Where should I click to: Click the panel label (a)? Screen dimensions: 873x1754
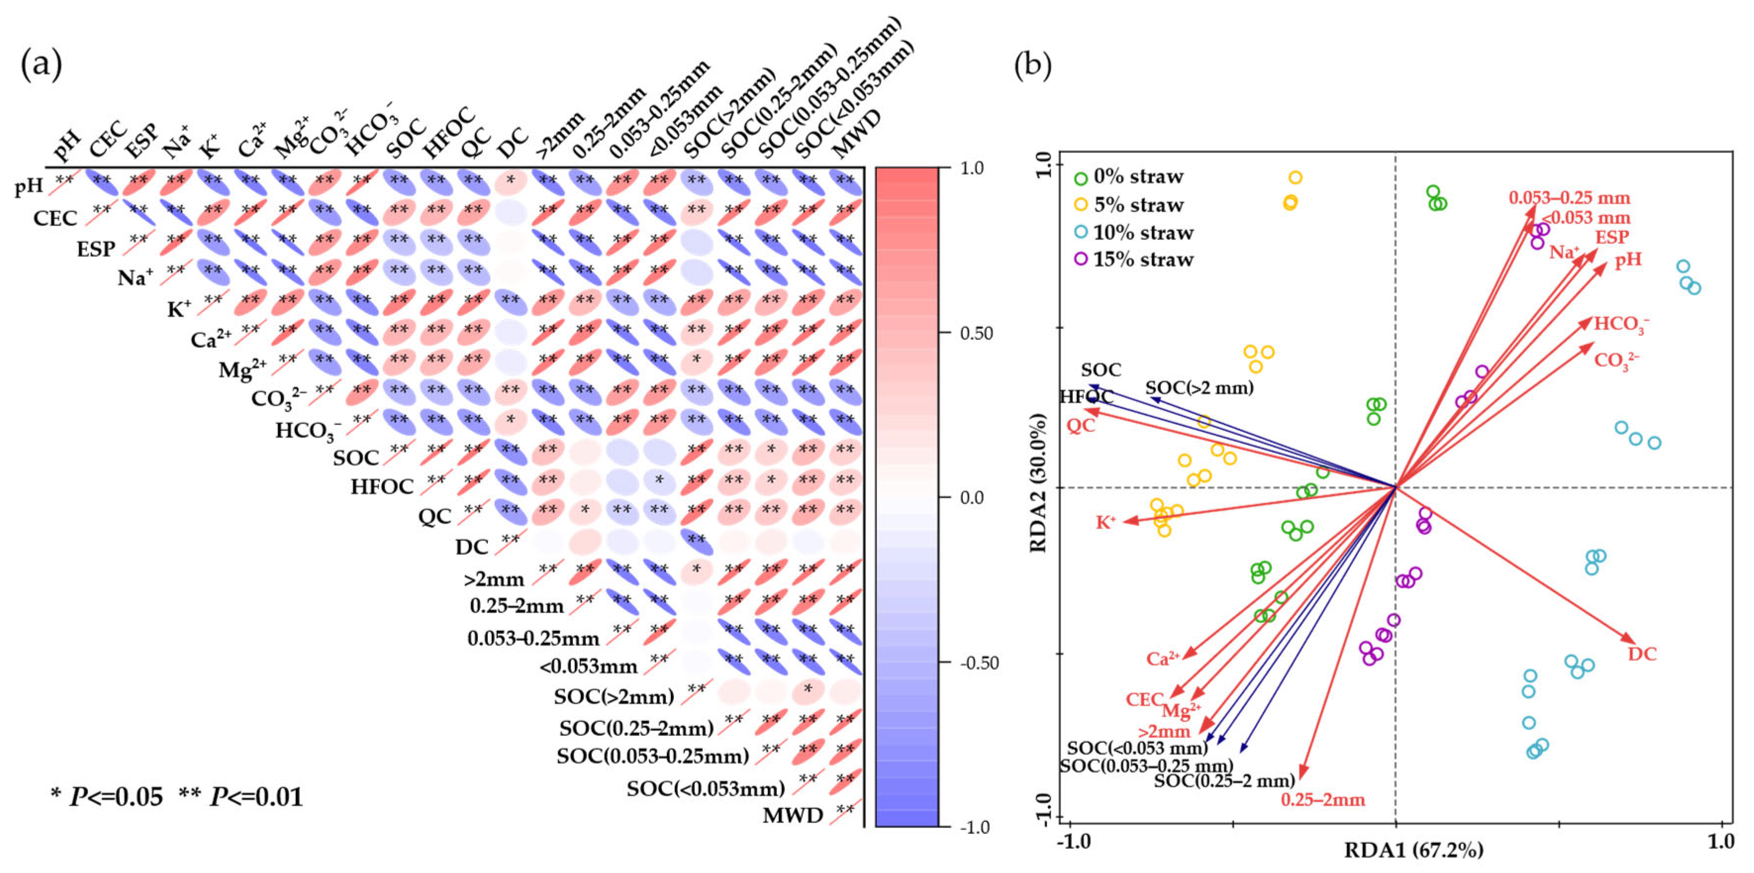[42, 65]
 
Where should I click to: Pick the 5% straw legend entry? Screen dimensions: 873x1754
[1138, 205]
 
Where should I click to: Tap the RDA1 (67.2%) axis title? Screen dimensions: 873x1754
[1413, 850]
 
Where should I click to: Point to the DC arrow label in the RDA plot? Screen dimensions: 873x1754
[1642, 654]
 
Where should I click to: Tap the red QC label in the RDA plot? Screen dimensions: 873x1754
[1081, 426]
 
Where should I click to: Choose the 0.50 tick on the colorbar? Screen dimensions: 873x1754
[976, 334]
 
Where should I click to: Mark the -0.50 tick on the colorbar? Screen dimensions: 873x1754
[979, 663]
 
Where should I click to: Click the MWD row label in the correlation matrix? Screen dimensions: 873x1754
[793, 815]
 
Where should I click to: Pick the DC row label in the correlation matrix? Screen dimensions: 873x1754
[472, 547]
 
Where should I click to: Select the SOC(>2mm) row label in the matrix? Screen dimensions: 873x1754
[614, 697]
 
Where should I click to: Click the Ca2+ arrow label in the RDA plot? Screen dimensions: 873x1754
[1162, 659]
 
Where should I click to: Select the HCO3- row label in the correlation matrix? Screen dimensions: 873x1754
[308, 431]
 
